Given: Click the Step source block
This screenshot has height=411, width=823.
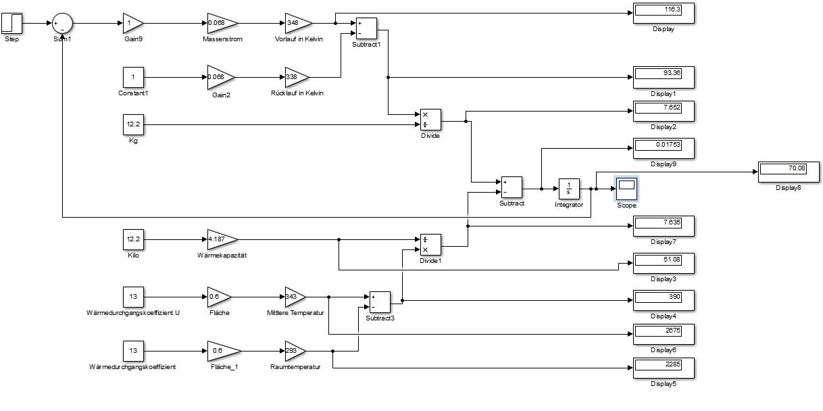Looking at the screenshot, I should tap(12, 23).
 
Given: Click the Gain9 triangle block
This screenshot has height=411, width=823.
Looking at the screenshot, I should tap(132, 23).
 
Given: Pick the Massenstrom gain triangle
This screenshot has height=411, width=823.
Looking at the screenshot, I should tap(221, 23).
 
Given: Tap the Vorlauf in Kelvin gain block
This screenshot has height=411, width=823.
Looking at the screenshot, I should tap(297, 23).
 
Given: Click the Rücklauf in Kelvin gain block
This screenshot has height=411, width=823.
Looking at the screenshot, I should tap(296, 77).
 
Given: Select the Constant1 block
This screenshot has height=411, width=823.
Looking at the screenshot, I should tap(133, 77).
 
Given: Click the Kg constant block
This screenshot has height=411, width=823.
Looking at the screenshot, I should tap(133, 124).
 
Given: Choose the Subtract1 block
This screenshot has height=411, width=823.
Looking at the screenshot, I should tap(366, 28).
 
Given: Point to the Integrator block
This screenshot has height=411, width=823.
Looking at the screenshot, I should tap(568, 187).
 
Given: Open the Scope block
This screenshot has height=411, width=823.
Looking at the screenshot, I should tap(626, 187).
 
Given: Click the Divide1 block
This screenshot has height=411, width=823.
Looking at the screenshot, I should tap(430, 245).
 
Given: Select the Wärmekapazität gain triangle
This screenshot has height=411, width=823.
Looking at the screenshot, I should tap(221, 239).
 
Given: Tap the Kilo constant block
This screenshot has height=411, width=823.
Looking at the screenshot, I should tap(133, 239).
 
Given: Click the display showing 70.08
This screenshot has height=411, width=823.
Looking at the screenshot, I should tap(789, 170).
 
